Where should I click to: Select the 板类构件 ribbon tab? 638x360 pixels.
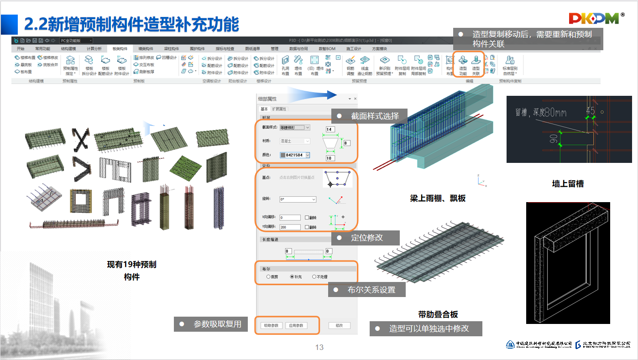tap(120, 49)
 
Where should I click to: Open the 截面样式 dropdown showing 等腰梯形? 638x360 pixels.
tap(295, 127)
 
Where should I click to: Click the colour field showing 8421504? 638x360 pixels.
tap(295, 155)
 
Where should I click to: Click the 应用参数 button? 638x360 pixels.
tap(296, 326)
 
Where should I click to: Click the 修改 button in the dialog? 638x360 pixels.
tap(339, 326)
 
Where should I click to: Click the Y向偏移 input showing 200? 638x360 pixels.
tap(290, 227)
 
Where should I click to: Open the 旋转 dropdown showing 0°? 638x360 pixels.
tap(298, 199)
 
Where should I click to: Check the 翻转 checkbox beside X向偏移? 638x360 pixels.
tap(307, 218)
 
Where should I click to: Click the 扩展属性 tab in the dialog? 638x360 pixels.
tap(279, 109)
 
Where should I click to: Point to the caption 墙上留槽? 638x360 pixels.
tap(568, 184)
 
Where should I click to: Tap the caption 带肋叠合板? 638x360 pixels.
tap(438, 314)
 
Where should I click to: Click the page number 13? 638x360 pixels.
tap(319, 348)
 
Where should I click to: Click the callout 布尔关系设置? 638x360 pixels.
tap(371, 290)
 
